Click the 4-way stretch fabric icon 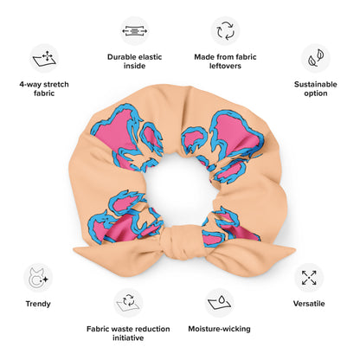pos(44,58)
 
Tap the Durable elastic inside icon pos(135,31)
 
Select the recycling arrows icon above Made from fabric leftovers pos(225,31)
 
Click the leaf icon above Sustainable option pos(316,58)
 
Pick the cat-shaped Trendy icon pos(38,278)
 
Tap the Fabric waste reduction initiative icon pos(128,303)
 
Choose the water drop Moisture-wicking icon pos(219,303)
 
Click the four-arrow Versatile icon pos(309,278)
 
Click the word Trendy pos(38,304)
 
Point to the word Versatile pos(309,304)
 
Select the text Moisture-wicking pos(219,329)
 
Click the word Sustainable pos(316,85)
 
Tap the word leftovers pos(225,66)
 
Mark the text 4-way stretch pos(44,85)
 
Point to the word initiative pos(128,337)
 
